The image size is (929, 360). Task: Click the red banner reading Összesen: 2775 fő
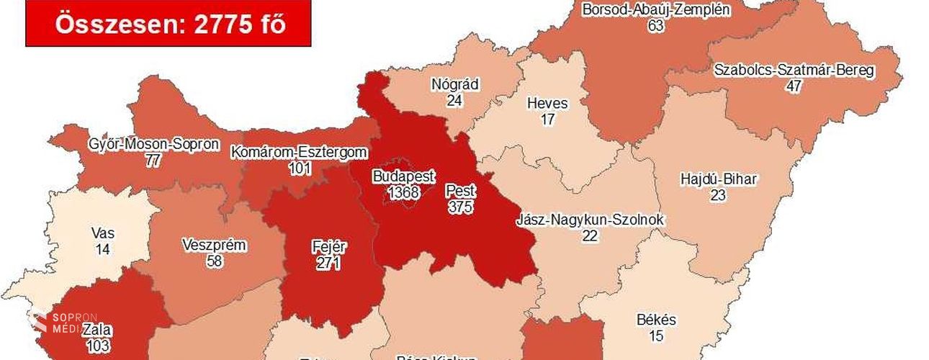[x=169, y=24]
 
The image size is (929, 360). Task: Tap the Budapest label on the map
[x=403, y=176]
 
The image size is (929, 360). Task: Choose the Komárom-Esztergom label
[x=299, y=153]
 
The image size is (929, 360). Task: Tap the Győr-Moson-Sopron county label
[x=153, y=144]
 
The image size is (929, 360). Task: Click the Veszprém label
[x=214, y=246]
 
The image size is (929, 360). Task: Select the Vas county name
[x=103, y=233]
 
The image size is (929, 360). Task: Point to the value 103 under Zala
[x=95, y=346]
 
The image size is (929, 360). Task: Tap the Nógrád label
[x=454, y=84]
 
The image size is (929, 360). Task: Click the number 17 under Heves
[x=547, y=119]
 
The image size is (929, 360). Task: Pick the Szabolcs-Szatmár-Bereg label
[x=794, y=71]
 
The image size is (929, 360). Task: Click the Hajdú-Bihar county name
[x=718, y=179]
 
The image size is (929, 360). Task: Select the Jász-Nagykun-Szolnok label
[x=591, y=220]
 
